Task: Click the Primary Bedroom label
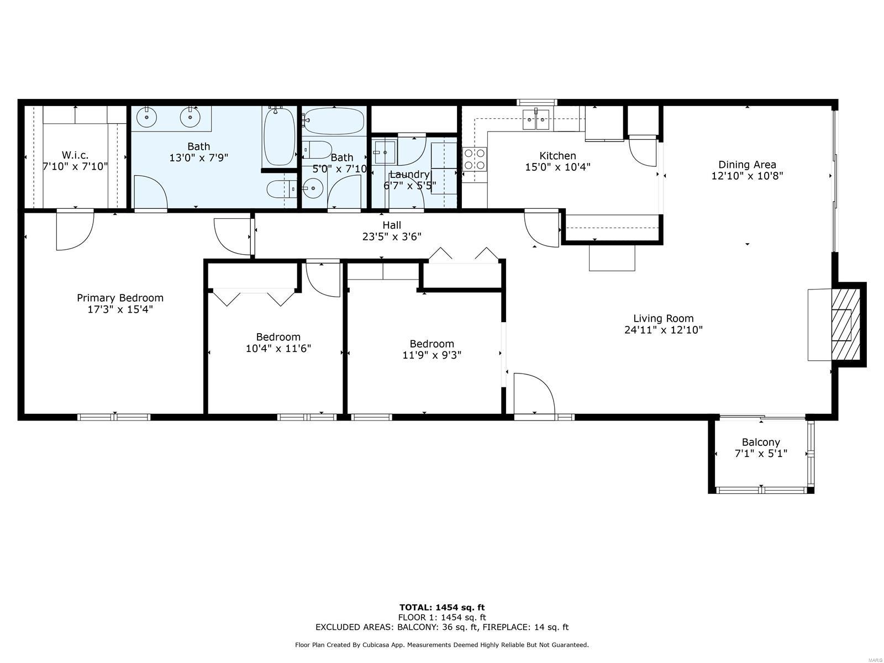point(120,298)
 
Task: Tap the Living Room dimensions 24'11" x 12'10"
point(664,330)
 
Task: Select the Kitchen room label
point(557,155)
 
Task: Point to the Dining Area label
point(747,165)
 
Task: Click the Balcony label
point(761,443)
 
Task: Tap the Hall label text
point(392,225)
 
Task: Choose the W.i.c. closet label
point(75,155)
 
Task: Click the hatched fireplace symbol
point(845,325)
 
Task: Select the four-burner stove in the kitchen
point(475,159)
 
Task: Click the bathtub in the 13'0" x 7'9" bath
point(279,136)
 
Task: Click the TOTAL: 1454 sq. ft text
point(442,607)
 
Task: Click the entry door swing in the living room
point(534,393)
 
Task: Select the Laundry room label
point(409,174)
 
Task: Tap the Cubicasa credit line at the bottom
point(442,645)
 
